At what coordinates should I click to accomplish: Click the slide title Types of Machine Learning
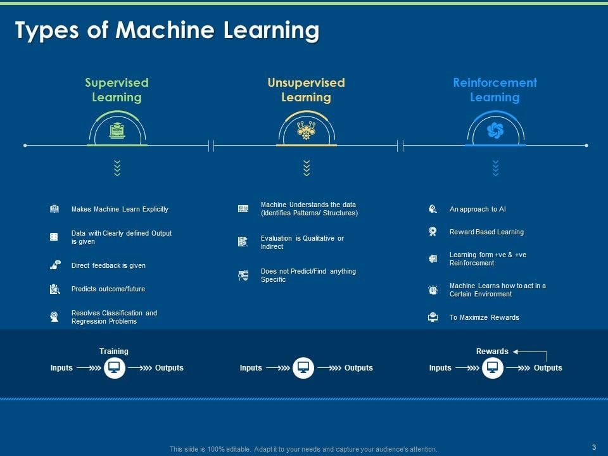[x=167, y=30]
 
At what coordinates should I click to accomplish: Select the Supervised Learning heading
[x=117, y=90]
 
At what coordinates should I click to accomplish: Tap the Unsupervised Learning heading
[x=306, y=90]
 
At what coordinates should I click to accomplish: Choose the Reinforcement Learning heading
[x=495, y=90]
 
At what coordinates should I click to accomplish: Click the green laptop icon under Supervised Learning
[x=117, y=130]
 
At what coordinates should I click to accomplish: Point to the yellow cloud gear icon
[x=307, y=130]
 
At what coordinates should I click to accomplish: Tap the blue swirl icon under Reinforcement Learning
[x=495, y=130]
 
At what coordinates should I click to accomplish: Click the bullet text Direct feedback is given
[x=108, y=265]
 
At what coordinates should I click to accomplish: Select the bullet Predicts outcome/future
[x=108, y=289]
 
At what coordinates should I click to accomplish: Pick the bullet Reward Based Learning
[x=486, y=232]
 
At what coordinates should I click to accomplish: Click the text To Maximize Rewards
[x=484, y=317]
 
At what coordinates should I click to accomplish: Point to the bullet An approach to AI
[x=478, y=209]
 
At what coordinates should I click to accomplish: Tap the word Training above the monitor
[x=113, y=351]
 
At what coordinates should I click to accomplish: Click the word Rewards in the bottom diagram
[x=492, y=351]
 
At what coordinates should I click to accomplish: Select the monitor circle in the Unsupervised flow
[x=303, y=367]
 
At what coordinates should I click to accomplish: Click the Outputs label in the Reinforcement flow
[x=548, y=367]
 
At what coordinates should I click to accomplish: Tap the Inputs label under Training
[x=61, y=367]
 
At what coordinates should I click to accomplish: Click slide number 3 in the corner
[x=594, y=447]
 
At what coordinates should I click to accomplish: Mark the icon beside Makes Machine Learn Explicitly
[x=54, y=209]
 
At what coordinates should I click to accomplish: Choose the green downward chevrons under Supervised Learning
[x=117, y=168]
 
